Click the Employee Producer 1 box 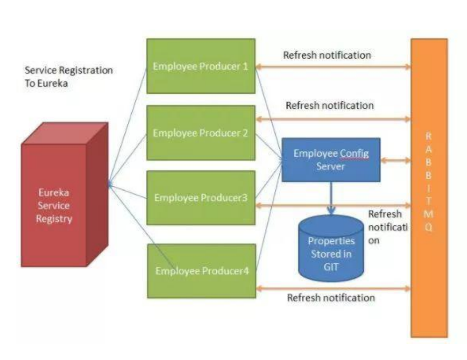[x=200, y=66]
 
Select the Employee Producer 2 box [x=200, y=133]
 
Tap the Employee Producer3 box [x=201, y=198]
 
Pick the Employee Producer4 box [x=202, y=271]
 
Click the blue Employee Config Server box [x=330, y=160]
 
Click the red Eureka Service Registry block [x=54, y=205]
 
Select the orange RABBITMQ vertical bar [x=429, y=188]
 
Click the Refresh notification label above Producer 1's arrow [x=327, y=55]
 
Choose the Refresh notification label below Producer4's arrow [x=331, y=298]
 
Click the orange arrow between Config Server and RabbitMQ [x=395, y=161]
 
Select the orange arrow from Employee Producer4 [x=333, y=285]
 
